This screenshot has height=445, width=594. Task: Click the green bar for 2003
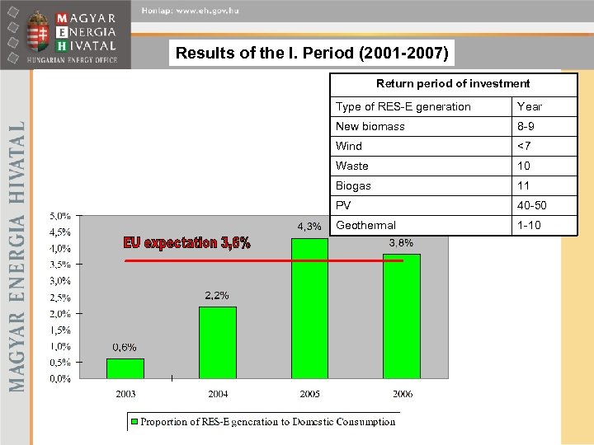pyautogui.click(x=125, y=368)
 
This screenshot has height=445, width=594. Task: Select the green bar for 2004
pyautogui.click(x=218, y=343)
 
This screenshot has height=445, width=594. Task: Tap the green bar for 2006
pyautogui.click(x=402, y=316)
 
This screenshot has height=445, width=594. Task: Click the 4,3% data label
pyautogui.click(x=309, y=227)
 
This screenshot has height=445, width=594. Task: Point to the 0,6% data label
pyautogui.click(x=125, y=347)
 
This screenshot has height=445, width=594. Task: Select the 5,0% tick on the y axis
pyautogui.click(x=59, y=216)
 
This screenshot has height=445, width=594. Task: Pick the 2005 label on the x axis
pyautogui.click(x=309, y=394)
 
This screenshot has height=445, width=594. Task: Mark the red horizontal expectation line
pyautogui.click(x=264, y=260)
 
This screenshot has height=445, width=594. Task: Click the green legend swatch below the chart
pyautogui.click(x=134, y=422)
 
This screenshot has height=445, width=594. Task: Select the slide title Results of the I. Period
pyautogui.click(x=313, y=55)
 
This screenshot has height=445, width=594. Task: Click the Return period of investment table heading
pyautogui.click(x=453, y=84)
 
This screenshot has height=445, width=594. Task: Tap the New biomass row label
pyautogui.click(x=370, y=126)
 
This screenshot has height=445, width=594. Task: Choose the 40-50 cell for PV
pyautogui.click(x=531, y=205)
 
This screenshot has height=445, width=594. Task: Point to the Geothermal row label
pyautogui.click(x=365, y=225)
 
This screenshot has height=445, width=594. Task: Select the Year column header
pyautogui.click(x=529, y=106)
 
